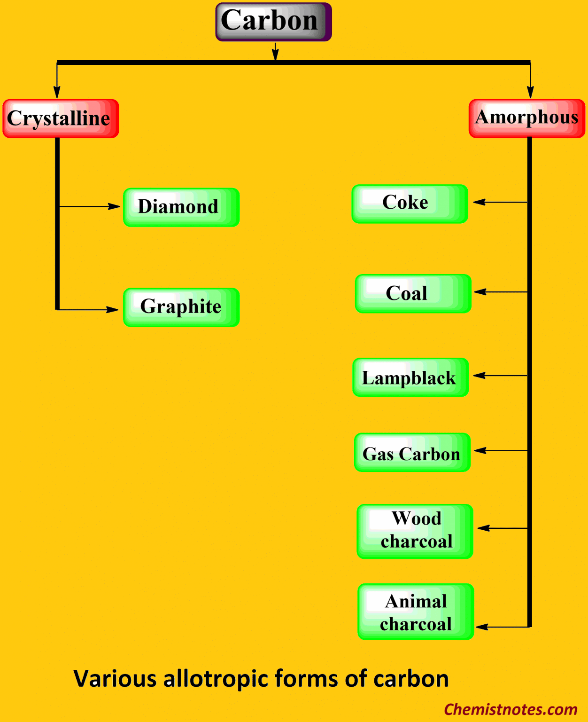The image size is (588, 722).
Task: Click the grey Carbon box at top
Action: tap(273, 22)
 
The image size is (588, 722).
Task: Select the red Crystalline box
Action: tap(61, 118)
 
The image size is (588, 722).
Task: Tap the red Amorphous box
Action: tap(526, 118)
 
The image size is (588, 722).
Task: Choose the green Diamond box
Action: tap(181, 207)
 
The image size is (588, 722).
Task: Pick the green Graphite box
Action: tap(181, 307)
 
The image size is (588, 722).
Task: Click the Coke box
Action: tap(410, 204)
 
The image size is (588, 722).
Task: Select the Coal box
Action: tap(413, 293)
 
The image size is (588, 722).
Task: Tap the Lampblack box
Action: tap(410, 377)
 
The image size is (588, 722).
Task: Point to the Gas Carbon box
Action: tap(412, 452)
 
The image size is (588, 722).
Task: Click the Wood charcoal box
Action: tap(415, 531)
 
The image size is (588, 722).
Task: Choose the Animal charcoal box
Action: tap(416, 612)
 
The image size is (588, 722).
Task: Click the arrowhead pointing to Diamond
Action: tap(114, 206)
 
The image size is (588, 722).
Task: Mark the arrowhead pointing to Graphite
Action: tap(113, 310)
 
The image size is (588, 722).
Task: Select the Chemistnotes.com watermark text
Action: tap(511, 709)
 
